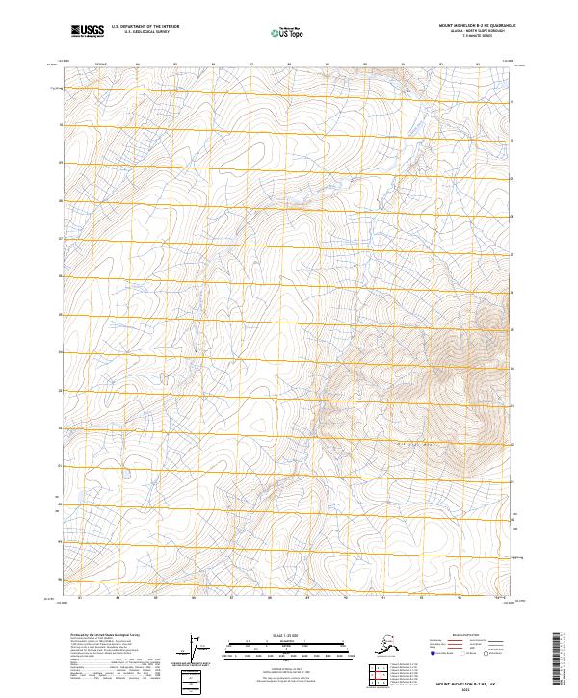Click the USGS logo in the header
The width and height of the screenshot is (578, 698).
[88, 31]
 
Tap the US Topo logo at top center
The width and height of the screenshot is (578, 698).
[288, 31]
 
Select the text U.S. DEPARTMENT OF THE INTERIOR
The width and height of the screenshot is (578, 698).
[145, 27]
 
